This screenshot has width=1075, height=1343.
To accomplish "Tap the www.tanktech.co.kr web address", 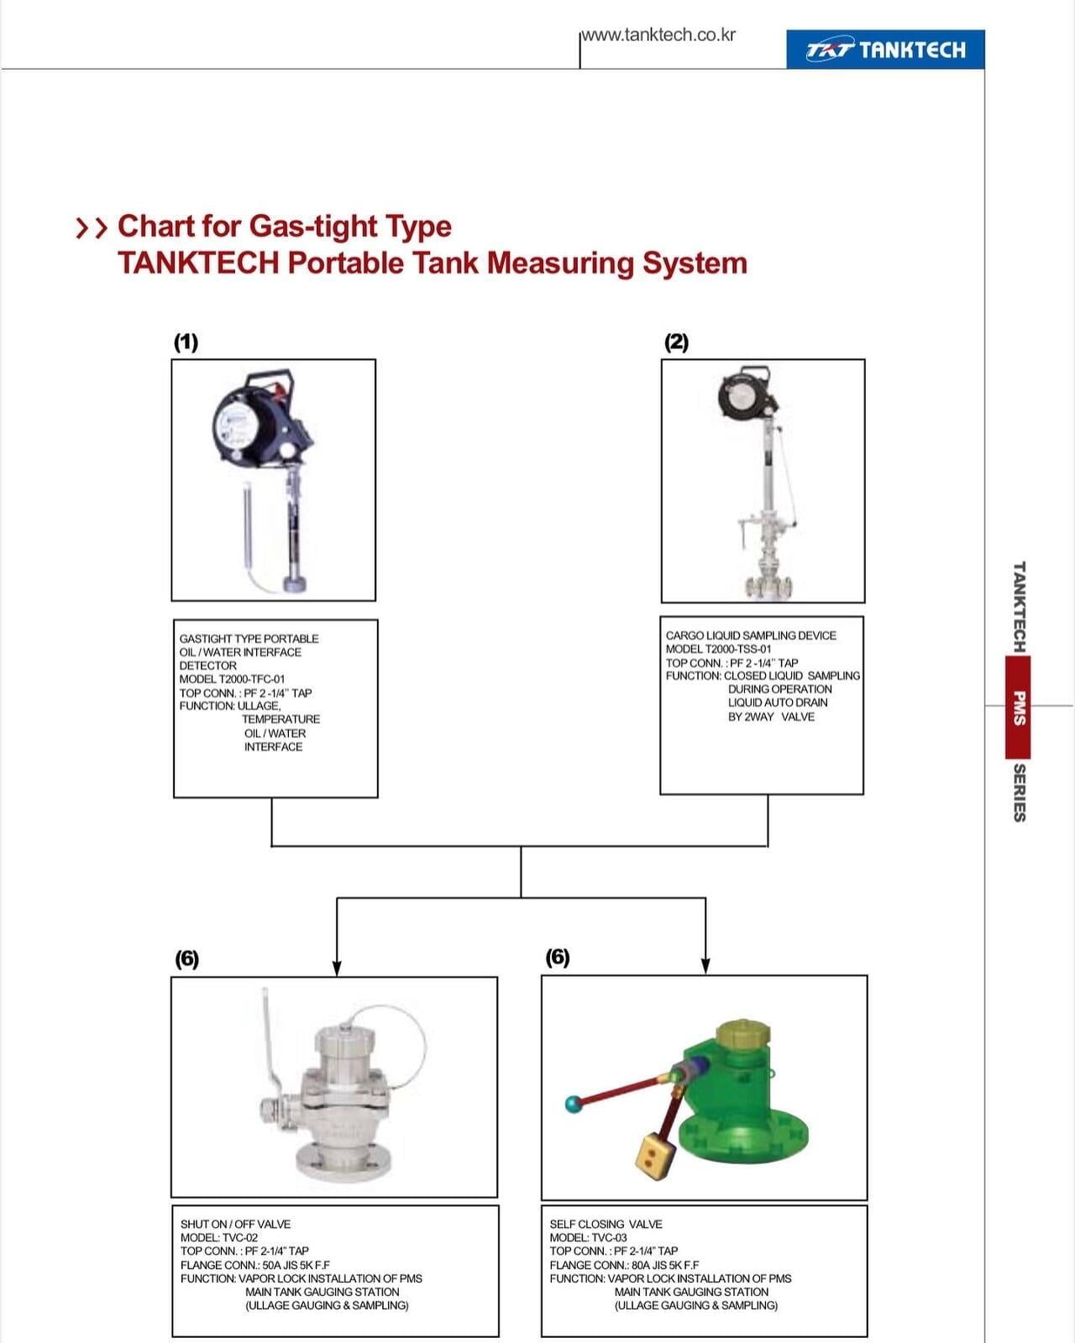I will point(659,35).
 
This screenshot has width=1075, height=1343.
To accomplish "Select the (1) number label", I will point(186,342).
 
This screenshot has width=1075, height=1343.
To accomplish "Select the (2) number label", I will point(676,342).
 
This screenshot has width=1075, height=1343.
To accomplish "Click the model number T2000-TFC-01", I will point(251,679).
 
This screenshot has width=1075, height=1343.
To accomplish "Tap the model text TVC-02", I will point(240,1237).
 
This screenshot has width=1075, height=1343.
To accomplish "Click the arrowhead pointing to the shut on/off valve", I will point(337,968).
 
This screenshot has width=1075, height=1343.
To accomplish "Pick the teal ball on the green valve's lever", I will point(574,1104).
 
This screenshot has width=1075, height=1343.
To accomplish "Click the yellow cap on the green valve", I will point(741,1032).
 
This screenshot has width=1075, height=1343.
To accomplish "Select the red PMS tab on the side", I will point(1018,708).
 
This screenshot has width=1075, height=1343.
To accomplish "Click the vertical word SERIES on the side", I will point(1019,792).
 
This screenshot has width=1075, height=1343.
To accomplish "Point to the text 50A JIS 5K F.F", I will point(296,1265).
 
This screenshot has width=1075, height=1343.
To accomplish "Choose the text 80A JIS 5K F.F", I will point(665,1265).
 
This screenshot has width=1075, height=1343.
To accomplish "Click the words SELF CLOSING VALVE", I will point(606,1224).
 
